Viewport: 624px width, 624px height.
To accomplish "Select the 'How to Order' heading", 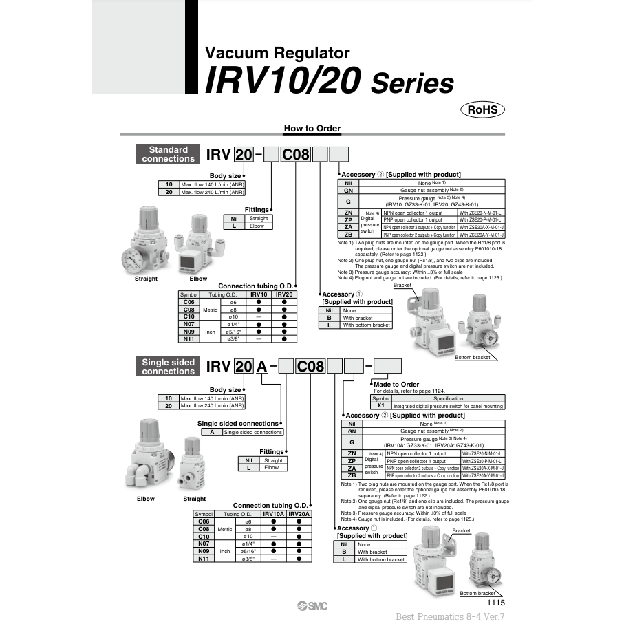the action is point(312,129).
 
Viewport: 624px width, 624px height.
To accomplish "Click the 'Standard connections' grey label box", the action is point(168,154).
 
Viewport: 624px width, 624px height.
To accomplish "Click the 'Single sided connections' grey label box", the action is point(168,367).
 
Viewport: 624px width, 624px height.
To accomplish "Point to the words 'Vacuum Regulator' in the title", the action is point(277,53).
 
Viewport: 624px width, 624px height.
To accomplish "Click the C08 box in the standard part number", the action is point(296,154).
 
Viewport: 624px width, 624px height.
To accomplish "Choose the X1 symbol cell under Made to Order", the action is point(380,406).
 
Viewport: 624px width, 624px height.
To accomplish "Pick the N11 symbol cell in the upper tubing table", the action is point(189,338).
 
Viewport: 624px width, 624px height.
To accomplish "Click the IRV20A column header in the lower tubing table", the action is point(299,514).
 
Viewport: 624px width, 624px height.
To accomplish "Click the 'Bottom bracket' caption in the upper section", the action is point(473,357).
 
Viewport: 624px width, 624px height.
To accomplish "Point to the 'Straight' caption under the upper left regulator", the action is point(146,279).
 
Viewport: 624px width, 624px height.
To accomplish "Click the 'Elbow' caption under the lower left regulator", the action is point(146,499).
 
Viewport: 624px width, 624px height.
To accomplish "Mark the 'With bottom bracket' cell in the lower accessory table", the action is point(380,559).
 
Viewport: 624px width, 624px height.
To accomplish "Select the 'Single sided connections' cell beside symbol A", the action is point(252,432).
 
